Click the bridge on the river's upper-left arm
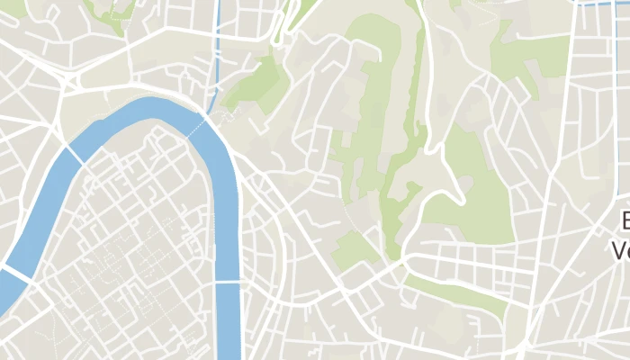click(76, 155)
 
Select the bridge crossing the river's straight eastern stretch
click(229, 282)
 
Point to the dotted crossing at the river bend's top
click(196, 127)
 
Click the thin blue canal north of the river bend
click(216, 54)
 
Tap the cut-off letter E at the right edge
click(625, 220)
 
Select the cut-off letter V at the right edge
click(621, 248)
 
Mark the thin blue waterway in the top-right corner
click(603, 3)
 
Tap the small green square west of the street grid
click(355, 247)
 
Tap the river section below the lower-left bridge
click(7, 292)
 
